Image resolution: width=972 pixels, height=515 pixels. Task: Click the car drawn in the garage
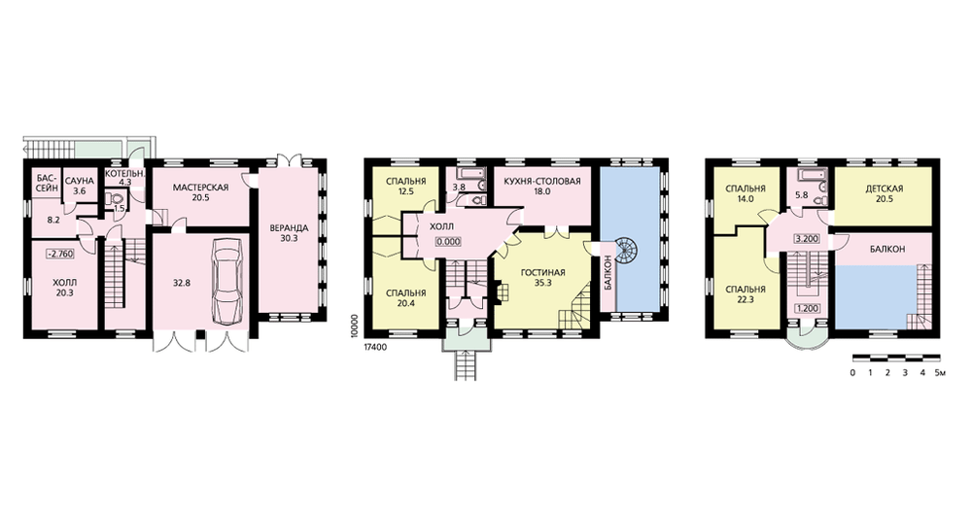coord(226,281)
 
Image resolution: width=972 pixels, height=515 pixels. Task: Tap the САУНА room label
coord(80,181)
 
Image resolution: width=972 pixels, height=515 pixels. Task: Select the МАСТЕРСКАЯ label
coord(201,188)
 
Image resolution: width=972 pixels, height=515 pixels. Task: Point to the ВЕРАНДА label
coord(289,227)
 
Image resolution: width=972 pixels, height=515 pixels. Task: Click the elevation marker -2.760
coord(60,254)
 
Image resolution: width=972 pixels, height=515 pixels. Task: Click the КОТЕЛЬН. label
coord(124,173)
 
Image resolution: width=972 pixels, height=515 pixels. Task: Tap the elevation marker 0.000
coord(447,242)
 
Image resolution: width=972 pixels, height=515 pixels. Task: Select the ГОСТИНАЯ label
coord(543,272)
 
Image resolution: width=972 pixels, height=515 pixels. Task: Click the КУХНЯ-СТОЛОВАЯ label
coord(542,181)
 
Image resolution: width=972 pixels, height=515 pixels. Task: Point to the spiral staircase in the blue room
coord(623,252)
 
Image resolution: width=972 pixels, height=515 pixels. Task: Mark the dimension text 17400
coord(375,348)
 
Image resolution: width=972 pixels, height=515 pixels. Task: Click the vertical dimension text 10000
coord(354,325)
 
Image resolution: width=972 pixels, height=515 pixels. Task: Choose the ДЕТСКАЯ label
coord(884,189)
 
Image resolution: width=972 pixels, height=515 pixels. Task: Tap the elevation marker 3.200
coord(807,238)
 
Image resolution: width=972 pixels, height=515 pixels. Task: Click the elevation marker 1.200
coord(807,308)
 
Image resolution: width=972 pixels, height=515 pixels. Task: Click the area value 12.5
coord(405,191)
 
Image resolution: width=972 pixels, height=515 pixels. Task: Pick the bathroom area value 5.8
coord(802,194)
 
